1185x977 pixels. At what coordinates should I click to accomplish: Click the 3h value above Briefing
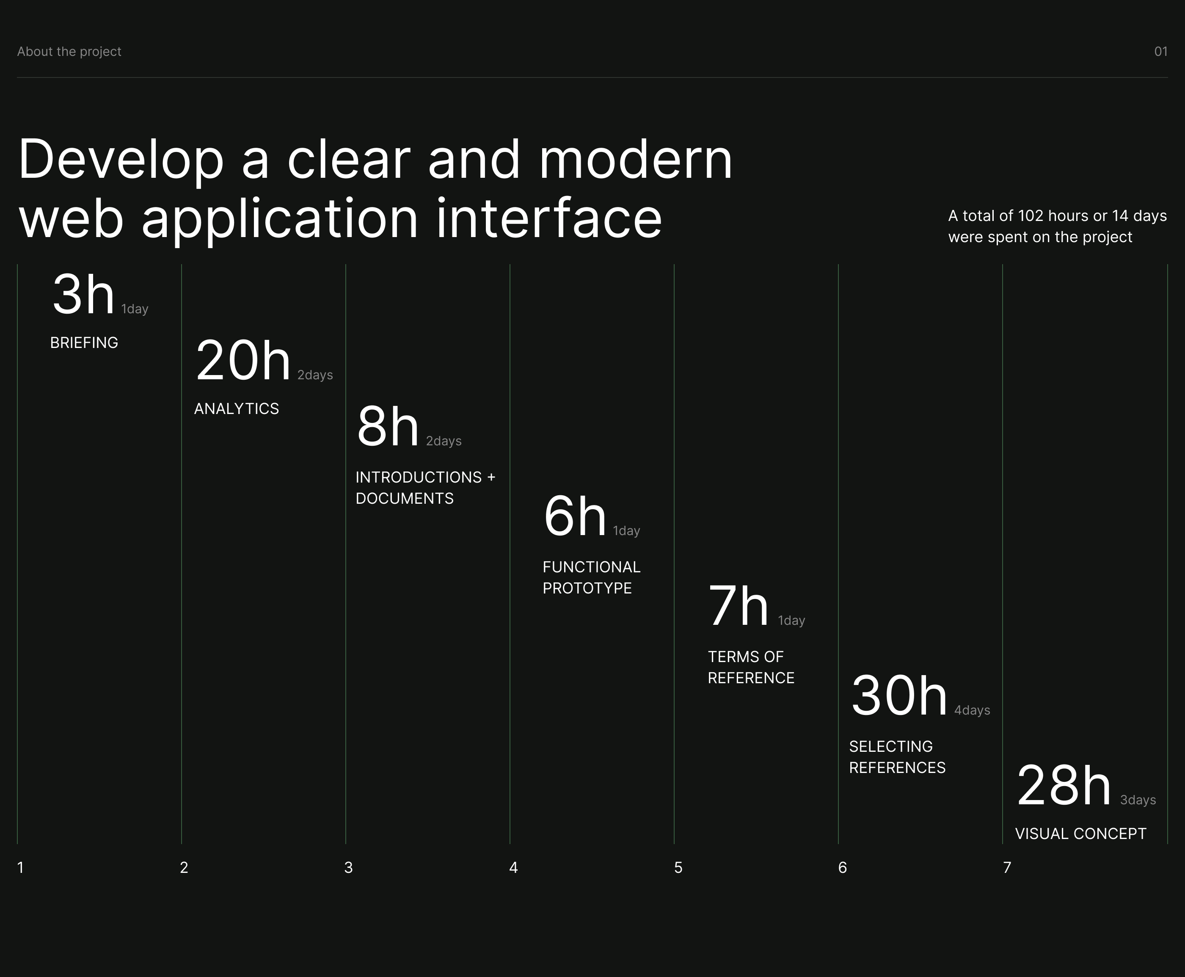tap(83, 294)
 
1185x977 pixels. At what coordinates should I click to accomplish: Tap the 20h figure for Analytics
tap(243, 360)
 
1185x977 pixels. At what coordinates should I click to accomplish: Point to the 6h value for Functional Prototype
tap(574, 516)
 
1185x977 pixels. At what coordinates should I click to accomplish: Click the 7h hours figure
tap(738, 606)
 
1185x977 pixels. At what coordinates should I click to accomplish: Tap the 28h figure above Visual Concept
tap(1064, 785)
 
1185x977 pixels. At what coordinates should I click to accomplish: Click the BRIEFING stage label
tap(84, 343)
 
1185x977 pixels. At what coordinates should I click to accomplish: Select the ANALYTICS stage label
tap(236, 408)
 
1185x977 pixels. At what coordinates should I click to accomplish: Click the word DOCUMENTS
tap(405, 499)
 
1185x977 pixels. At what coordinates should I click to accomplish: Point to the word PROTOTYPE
tap(587, 588)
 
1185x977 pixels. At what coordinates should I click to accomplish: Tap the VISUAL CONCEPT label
tap(1080, 833)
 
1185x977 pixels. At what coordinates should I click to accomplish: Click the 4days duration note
tap(972, 710)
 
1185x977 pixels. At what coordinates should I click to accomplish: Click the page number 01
tap(1161, 52)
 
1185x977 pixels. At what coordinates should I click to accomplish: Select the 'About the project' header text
tap(69, 52)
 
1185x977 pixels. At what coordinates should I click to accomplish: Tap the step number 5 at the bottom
tap(678, 868)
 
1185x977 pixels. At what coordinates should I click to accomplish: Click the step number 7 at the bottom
tap(1007, 868)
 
